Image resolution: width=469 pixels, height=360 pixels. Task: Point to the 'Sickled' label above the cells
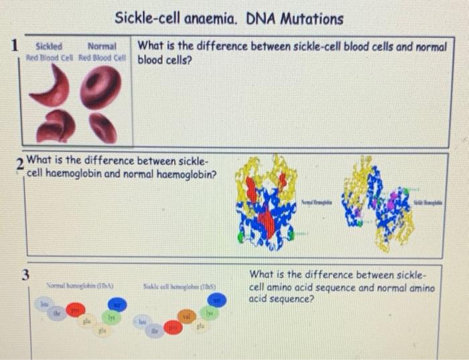pos(48,47)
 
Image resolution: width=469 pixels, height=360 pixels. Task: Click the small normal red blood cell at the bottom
pos(103,127)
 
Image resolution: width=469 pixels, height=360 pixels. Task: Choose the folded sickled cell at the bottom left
pos(56,126)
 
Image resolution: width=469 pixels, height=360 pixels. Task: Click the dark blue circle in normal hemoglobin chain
pos(118,304)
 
